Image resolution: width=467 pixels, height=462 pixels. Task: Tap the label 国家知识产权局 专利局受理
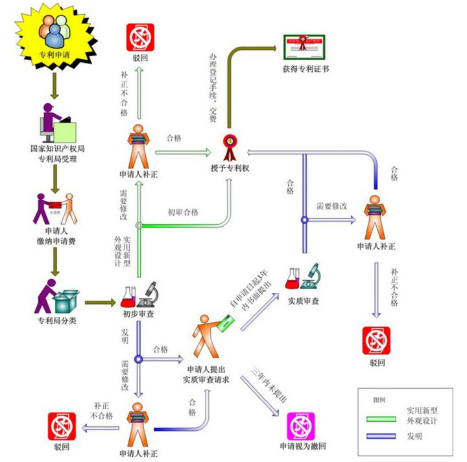point(58,153)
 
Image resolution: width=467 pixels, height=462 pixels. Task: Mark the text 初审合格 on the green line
point(183,213)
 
